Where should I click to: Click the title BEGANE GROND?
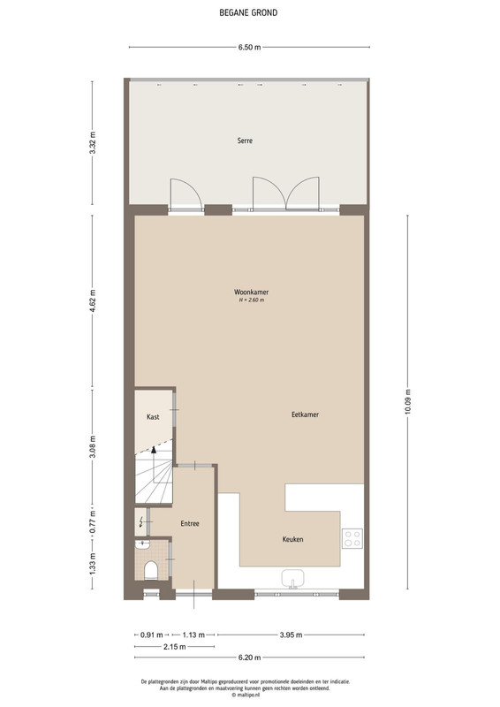[248, 12]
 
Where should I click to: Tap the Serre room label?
[245, 141]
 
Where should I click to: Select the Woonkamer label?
[251, 292]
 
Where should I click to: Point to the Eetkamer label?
[306, 414]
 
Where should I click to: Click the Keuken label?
[292, 539]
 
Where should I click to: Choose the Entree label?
[190, 523]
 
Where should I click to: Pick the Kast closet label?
[153, 416]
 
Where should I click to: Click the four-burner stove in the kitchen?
[352, 538]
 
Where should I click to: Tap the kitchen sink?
[293, 579]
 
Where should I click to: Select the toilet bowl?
[150, 571]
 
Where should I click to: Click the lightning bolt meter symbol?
[141, 522]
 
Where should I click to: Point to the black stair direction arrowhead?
[154, 449]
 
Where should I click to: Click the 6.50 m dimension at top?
[249, 47]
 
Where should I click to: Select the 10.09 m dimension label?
[407, 402]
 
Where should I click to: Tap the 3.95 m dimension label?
[291, 635]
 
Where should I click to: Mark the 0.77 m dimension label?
[93, 521]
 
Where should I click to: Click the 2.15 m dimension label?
[175, 647]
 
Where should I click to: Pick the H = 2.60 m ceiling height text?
[251, 300]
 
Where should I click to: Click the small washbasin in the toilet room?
[142, 544]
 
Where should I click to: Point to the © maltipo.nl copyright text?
[246, 695]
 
